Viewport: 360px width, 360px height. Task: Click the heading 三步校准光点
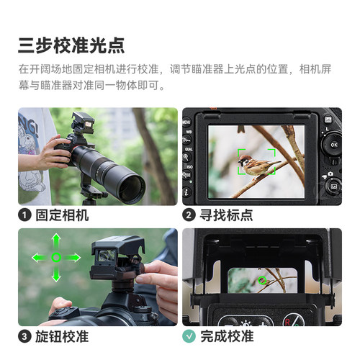pos(71,44)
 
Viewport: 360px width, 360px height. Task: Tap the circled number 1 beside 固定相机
pos(25,215)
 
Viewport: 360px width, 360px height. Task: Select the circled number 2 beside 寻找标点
pos(189,215)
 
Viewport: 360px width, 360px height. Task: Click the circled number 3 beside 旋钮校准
pos(25,336)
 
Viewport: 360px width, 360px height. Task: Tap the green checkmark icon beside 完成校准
pos(189,336)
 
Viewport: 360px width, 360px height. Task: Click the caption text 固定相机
pos(61,215)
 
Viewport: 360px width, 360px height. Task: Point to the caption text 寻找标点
pos(225,215)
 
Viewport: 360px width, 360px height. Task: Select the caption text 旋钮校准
pos(61,336)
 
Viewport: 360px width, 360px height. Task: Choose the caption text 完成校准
pos(225,336)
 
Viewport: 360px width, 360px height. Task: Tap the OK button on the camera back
pos(333,144)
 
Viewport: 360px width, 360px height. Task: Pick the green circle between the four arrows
pos(55,258)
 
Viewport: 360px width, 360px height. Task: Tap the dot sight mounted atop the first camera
pos(85,124)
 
